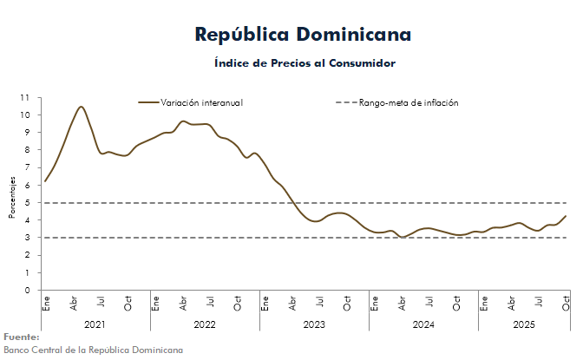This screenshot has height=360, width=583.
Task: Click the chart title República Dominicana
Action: tap(304, 35)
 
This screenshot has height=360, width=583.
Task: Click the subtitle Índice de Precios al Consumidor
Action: tap(304, 63)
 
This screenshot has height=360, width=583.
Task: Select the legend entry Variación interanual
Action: tap(201, 102)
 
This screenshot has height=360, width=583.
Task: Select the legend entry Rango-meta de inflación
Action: tap(408, 102)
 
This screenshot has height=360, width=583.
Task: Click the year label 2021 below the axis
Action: tap(95, 324)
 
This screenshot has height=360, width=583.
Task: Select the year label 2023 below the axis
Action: tap(313, 324)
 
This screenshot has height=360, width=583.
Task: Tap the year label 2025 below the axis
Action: tap(523, 324)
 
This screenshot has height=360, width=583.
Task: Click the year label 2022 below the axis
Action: tap(204, 324)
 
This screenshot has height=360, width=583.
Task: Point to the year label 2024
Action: tap(423, 324)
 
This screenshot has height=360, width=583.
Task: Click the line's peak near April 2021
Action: tap(81, 107)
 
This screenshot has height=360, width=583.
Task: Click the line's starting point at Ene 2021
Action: tap(44, 181)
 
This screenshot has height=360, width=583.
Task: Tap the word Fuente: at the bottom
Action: tap(22, 337)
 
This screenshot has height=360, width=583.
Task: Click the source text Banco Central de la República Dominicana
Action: tap(93, 350)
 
